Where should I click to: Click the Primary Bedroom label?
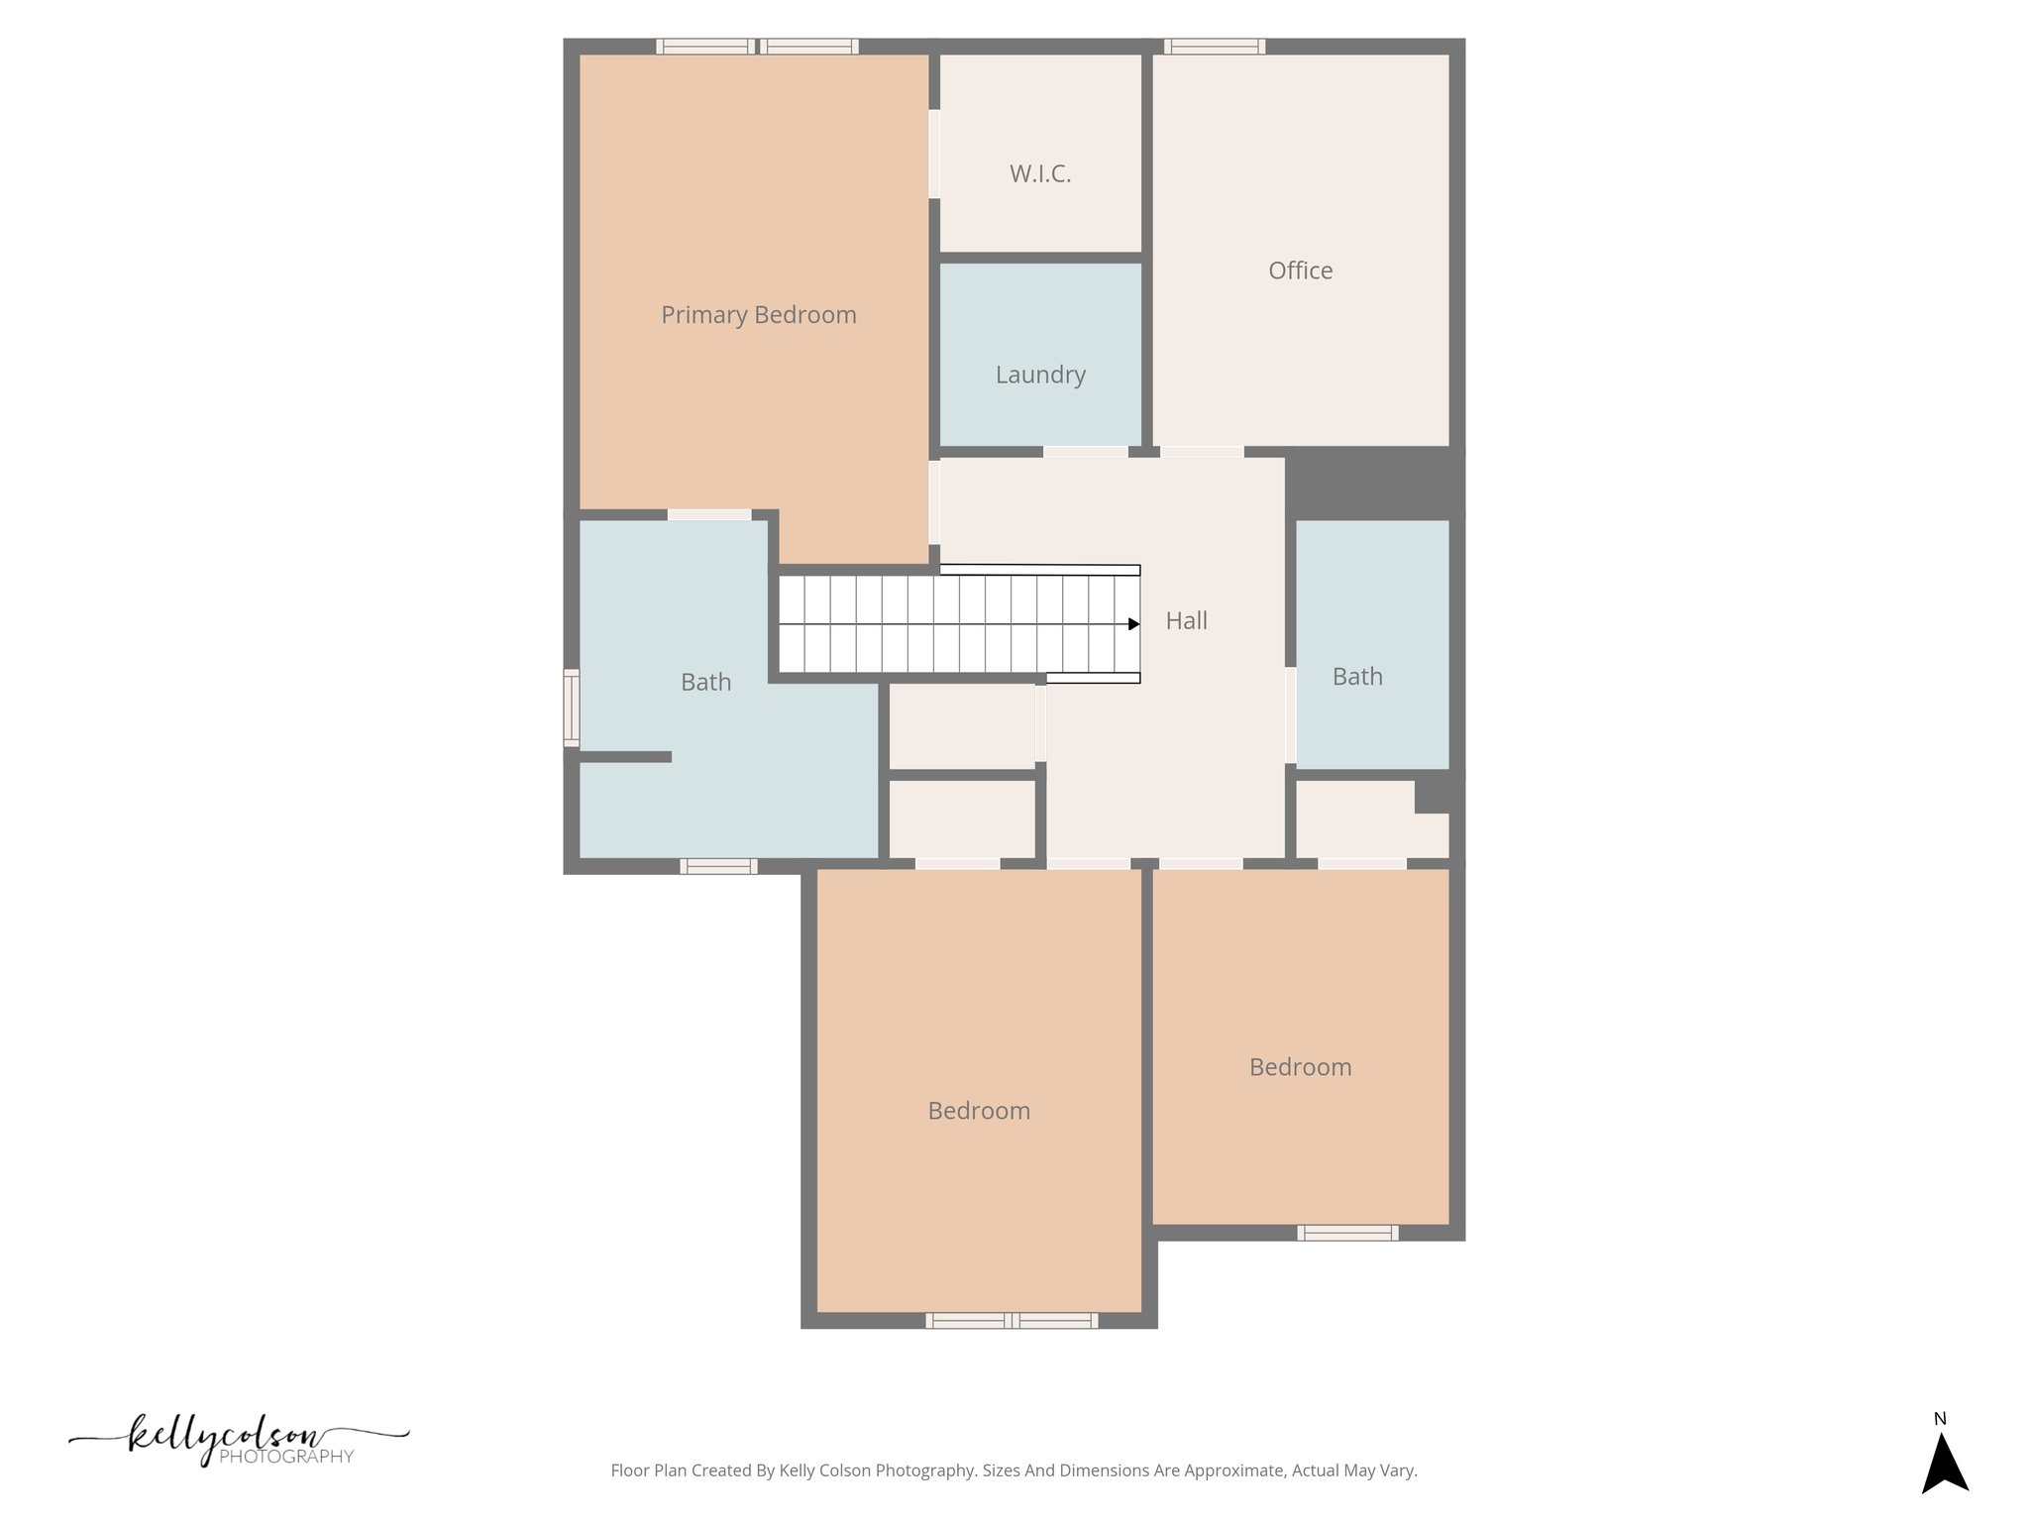click(758, 315)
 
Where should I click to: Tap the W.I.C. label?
click(1040, 174)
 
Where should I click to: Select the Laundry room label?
click(1040, 375)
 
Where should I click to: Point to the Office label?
click(1300, 271)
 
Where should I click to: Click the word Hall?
click(1186, 621)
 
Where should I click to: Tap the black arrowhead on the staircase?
click(1133, 624)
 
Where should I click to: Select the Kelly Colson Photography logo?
click(238, 1440)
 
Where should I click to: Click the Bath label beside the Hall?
click(1356, 677)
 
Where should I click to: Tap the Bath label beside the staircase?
click(705, 683)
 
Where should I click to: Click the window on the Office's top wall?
click(1214, 46)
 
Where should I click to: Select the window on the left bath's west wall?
click(572, 707)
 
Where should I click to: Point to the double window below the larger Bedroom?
click(1012, 1320)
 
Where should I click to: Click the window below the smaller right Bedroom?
click(1347, 1233)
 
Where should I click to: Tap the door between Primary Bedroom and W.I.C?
click(934, 154)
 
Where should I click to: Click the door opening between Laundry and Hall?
click(1085, 452)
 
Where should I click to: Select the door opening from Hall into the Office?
click(1201, 452)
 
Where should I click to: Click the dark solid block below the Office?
click(1372, 483)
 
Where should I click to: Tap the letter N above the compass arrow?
click(1940, 1419)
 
